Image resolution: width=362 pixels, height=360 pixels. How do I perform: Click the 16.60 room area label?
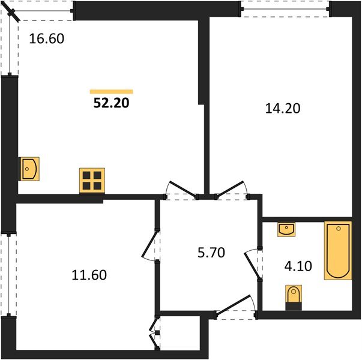pyautogui.click(x=47, y=39)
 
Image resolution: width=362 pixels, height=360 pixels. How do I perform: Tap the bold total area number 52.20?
pyautogui.click(x=111, y=103)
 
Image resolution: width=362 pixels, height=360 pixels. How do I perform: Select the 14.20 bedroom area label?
pyautogui.click(x=283, y=109)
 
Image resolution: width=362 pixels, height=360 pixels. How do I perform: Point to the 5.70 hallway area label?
pyautogui.click(x=211, y=253)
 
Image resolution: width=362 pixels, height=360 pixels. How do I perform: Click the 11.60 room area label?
pyautogui.click(x=89, y=275)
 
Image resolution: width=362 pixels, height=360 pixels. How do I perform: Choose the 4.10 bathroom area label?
pyautogui.click(x=298, y=266)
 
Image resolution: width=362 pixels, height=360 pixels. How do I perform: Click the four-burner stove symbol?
pyautogui.click(x=92, y=181)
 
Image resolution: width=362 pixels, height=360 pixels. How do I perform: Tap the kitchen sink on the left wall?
pyautogui.click(x=29, y=169)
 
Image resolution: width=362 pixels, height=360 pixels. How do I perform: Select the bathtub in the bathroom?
pyautogui.click(x=338, y=250)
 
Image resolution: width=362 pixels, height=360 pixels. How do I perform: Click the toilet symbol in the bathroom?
pyautogui.click(x=294, y=297)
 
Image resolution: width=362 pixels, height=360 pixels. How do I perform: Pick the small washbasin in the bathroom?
pyautogui.click(x=286, y=229)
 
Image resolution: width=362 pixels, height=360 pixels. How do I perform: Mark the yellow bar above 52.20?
pyautogui.click(x=111, y=92)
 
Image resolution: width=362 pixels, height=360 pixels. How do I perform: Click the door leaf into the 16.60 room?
pyautogui.click(x=183, y=190)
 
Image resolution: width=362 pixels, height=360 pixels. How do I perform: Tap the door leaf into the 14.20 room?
pyautogui.click(x=229, y=189)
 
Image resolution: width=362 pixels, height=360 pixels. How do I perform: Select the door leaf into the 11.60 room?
pyautogui.click(x=150, y=243)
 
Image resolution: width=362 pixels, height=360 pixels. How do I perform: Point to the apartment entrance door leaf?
pyautogui.click(x=234, y=305)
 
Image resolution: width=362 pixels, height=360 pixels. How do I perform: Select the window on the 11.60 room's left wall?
pyautogui.click(x=8, y=275)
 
